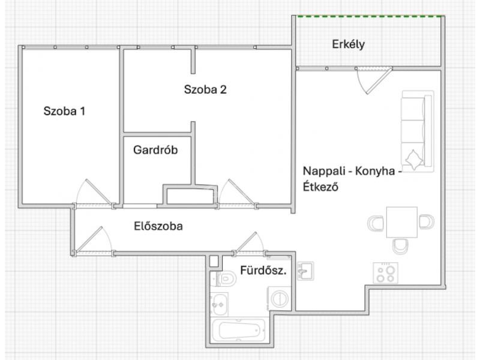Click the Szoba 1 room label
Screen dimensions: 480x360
pyautogui.click(x=64, y=111)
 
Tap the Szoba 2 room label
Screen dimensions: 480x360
pyautogui.click(x=205, y=89)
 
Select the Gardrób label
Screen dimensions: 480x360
pyautogui.click(x=155, y=149)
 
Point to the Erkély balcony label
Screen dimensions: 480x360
pyautogui.click(x=349, y=44)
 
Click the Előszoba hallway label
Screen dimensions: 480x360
pyautogui.click(x=158, y=226)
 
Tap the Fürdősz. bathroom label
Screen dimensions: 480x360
pyautogui.click(x=263, y=271)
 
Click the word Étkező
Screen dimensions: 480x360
pyautogui.click(x=320, y=186)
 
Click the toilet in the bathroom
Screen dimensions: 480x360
pyautogui.click(x=227, y=278)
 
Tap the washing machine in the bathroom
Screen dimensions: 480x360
pyautogui.click(x=279, y=299)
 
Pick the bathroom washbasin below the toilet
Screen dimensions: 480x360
pyautogui.click(x=219, y=304)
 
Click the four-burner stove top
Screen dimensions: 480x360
pyautogui.click(x=385, y=273)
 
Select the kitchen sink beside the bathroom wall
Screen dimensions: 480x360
pyautogui.click(x=305, y=271)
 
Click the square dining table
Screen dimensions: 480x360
pyautogui.click(x=401, y=222)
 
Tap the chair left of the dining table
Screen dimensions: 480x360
pyautogui.click(x=376, y=223)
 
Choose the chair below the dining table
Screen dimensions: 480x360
pyautogui.click(x=400, y=246)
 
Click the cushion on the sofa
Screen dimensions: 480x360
pyautogui.click(x=414, y=160)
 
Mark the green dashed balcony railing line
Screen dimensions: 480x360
pyautogui.click(x=371, y=16)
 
